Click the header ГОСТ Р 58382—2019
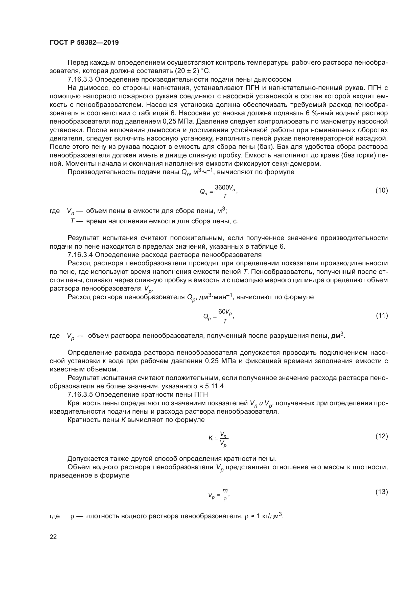tap(84, 42)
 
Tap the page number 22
tap(53, 537)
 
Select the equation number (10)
tap(382, 190)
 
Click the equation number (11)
tap(382, 315)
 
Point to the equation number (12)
tap(382, 436)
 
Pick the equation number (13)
tap(382, 492)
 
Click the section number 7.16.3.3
tap(80, 79)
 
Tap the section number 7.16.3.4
tap(80, 255)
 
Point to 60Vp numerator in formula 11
tap(225, 312)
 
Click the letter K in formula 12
tap(211, 438)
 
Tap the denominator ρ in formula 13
tap(225, 499)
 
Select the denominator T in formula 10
tap(225, 196)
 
